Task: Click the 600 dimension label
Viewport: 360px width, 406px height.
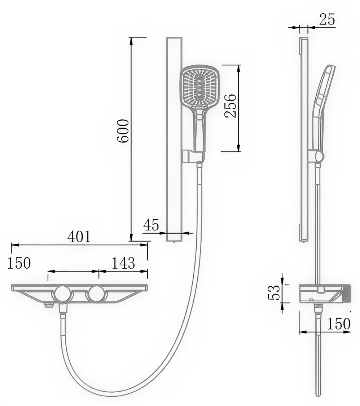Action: [123, 131]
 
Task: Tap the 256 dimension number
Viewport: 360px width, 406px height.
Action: [230, 106]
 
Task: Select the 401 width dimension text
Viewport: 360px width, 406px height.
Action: [79, 237]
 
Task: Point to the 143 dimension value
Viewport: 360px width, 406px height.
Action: [123, 263]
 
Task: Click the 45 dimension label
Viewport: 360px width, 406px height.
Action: [151, 225]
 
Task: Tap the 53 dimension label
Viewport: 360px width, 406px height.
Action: [274, 292]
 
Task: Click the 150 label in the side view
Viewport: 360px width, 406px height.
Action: [339, 323]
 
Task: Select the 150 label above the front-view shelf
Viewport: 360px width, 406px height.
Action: [19, 263]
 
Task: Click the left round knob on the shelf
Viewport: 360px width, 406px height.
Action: [62, 294]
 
